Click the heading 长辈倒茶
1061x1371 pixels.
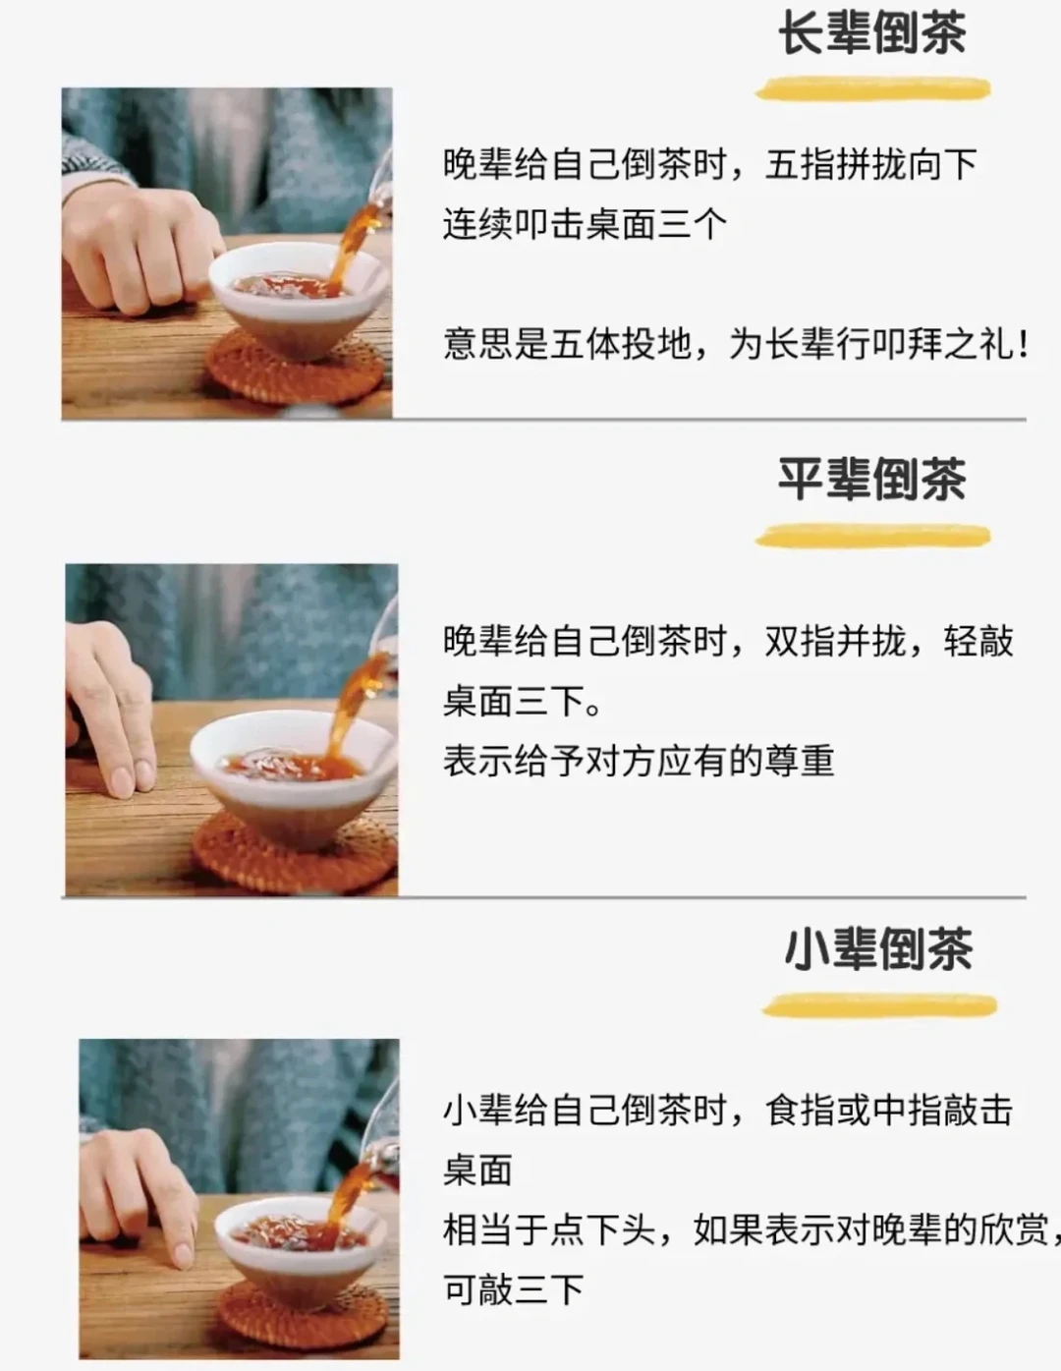pyautogui.click(x=872, y=32)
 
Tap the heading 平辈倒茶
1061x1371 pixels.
pyautogui.click(x=872, y=479)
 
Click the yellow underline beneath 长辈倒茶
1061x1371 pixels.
pyautogui.click(x=873, y=88)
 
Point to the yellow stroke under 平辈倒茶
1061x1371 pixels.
pyautogui.click(x=873, y=537)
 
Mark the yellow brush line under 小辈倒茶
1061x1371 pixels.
pyautogui.click(x=879, y=1005)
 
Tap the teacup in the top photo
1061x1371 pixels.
pyautogui.click(x=297, y=300)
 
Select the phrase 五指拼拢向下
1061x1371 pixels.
pyautogui.click(x=870, y=165)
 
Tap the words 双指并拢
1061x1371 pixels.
pyautogui.click(x=835, y=641)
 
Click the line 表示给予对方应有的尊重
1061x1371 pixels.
pyautogui.click(x=639, y=761)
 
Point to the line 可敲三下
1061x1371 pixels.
pyautogui.click(x=513, y=1289)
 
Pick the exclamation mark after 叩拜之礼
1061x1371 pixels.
pyautogui.click(x=1023, y=346)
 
